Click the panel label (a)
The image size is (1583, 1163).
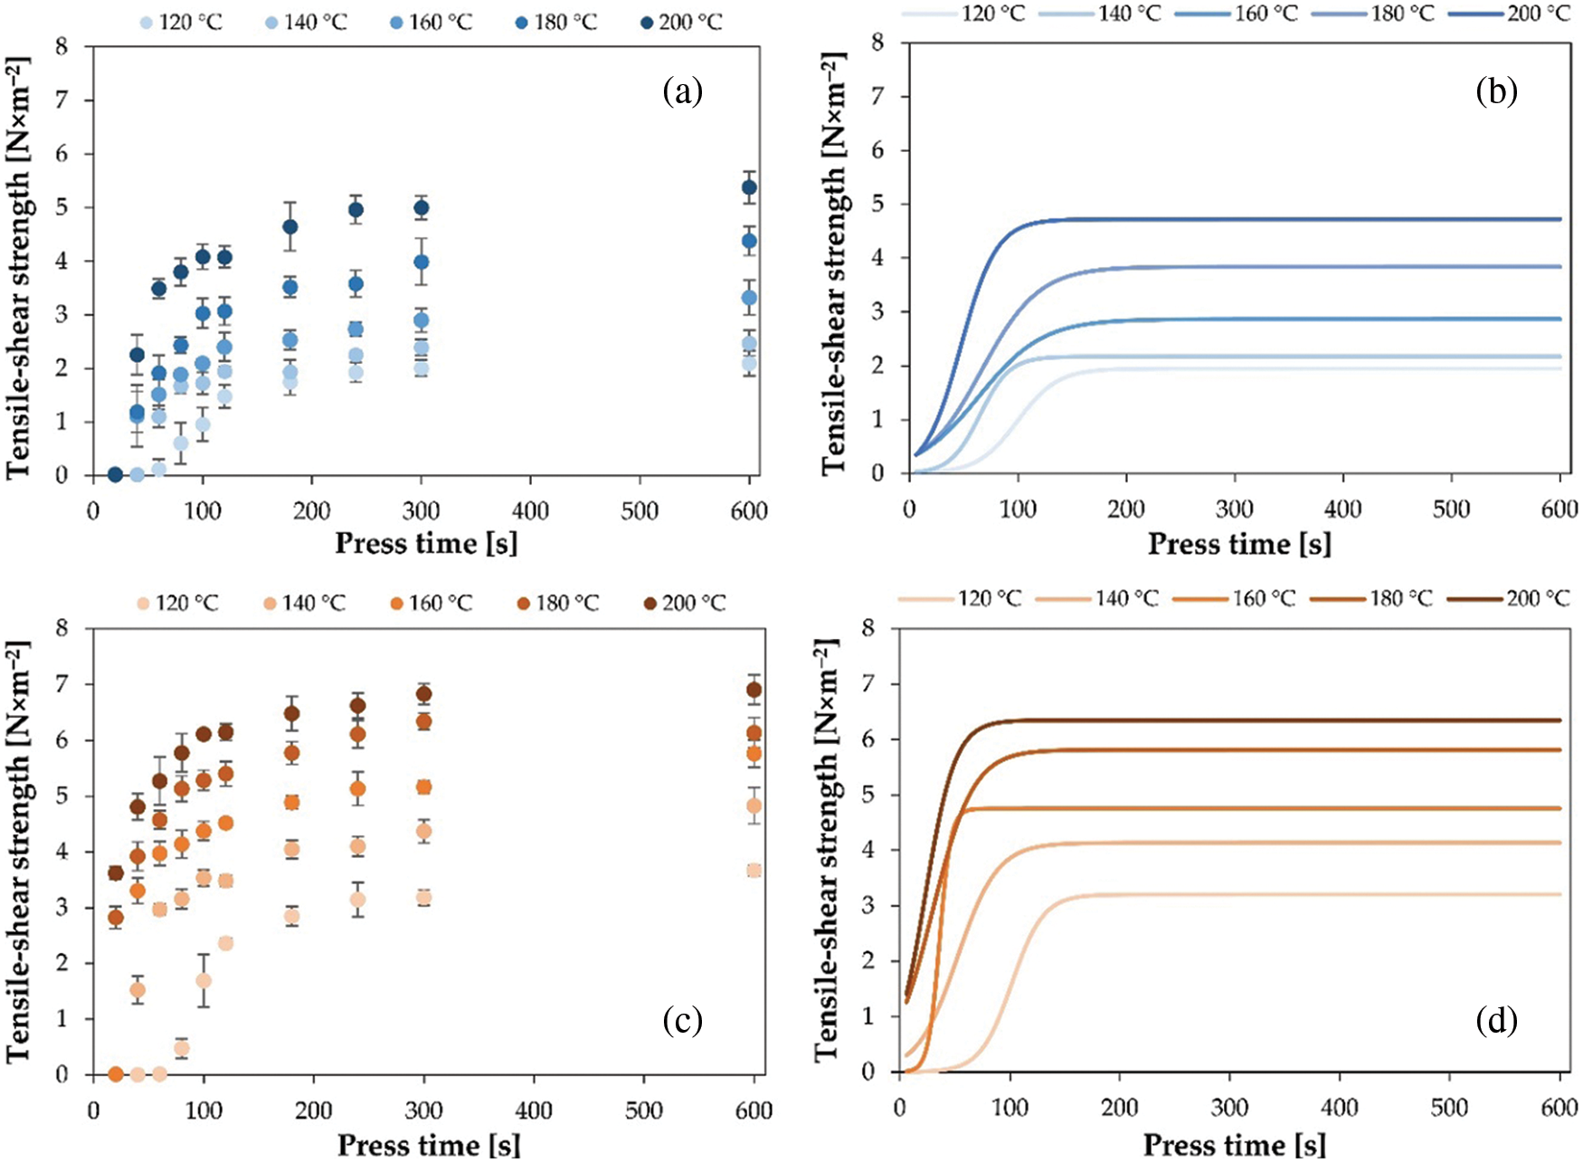(x=682, y=92)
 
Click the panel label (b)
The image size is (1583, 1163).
(x=1496, y=91)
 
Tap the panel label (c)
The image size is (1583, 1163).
(x=682, y=1021)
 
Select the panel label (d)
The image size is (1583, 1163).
(x=1496, y=1021)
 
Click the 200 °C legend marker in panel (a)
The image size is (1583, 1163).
(x=647, y=23)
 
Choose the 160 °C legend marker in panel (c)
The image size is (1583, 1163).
(x=395, y=603)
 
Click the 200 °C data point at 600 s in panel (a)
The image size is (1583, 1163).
(x=749, y=187)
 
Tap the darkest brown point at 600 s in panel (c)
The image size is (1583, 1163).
(x=754, y=690)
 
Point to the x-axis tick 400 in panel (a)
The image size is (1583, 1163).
(x=530, y=511)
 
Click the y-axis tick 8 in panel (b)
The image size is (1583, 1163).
(x=877, y=43)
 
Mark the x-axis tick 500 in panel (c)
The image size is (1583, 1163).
(x=644, y=1111)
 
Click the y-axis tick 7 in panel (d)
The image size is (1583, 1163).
(x=868, y=684)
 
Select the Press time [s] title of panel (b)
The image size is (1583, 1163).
(x=1239, y=545)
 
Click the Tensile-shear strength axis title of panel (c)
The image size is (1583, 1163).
(x=18, y=851)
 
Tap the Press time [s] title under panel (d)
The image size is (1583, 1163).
(x=1234, y=1145)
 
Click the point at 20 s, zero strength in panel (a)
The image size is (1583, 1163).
(x=115, y=474)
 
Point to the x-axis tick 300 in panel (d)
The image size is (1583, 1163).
(x=1230, y=1108)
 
